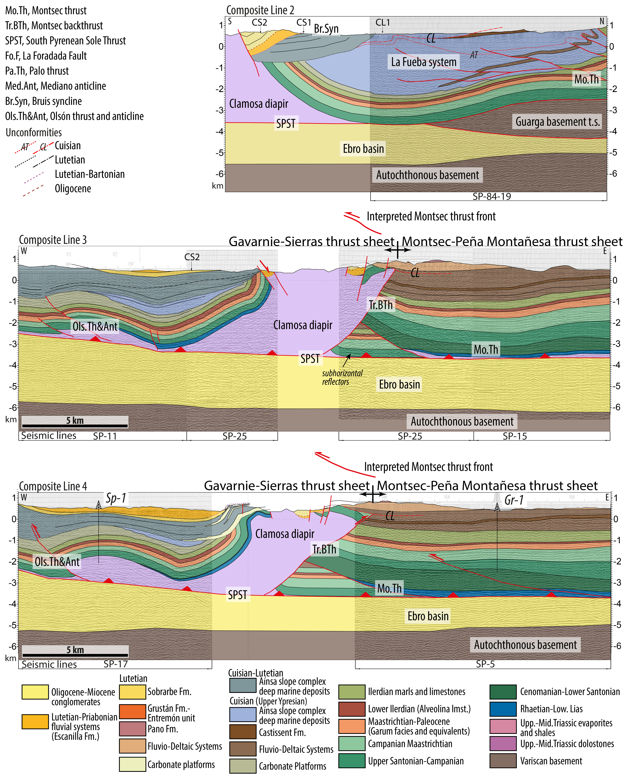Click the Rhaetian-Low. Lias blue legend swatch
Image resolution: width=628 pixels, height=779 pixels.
pyautogui.click(x=503, y=709)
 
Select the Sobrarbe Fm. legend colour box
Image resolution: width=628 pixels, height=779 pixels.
pyautogui.click(x=132, y=692)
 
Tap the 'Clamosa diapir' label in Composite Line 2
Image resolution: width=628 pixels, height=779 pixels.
pyautogui.click(x=259, y=104)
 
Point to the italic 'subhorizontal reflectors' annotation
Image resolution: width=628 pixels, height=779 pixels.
pyautogui.click(x=342, y=377)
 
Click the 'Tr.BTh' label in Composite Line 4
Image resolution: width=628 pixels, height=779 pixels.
pyautogui.click(x=325, y=549)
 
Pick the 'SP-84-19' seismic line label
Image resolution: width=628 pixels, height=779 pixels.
pyautogui.click(x=492, y=196)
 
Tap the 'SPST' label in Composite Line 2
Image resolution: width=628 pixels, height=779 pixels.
pyautogui.click(x=286, y=124)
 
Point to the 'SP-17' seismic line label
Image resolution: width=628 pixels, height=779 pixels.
pyautogui.click(x=116, y=664)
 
